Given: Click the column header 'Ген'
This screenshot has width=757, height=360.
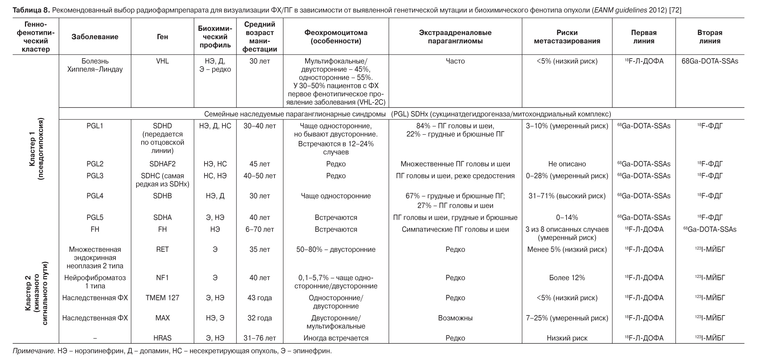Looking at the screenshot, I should pos(163,37).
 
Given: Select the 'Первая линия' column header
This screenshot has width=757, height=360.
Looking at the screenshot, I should pos(644,37).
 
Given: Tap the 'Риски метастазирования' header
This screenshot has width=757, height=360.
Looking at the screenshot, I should pos(567,37).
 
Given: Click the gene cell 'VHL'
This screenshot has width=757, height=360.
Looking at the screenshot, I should pos(163,61).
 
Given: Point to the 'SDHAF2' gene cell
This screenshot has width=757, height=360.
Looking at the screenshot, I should pos(163,164).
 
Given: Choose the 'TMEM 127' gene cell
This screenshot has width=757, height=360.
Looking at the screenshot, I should pos(163,298).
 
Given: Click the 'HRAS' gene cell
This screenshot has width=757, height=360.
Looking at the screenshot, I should pos(163,338).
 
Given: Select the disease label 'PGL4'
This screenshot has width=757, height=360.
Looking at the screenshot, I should pos(95,196).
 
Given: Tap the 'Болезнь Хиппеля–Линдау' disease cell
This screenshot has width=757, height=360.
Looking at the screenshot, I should pos(95,65).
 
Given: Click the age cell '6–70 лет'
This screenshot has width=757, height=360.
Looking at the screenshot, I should pos(260,229).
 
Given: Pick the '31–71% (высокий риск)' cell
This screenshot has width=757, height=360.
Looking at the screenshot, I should pos(567,196).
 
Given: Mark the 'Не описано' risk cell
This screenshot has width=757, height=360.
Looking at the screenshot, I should pos(567,164).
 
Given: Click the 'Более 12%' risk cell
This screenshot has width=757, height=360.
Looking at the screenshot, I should pos(567,278).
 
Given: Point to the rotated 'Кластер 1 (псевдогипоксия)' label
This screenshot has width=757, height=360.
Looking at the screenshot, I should pos(36,149).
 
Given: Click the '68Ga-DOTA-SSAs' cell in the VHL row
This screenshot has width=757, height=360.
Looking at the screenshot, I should pos(710,61).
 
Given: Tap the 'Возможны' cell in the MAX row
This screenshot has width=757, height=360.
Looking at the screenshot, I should pos(455,318).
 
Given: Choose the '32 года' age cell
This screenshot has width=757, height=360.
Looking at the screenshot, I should pos(260,318).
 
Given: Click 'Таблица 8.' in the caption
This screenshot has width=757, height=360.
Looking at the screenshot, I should pos(30,10).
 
